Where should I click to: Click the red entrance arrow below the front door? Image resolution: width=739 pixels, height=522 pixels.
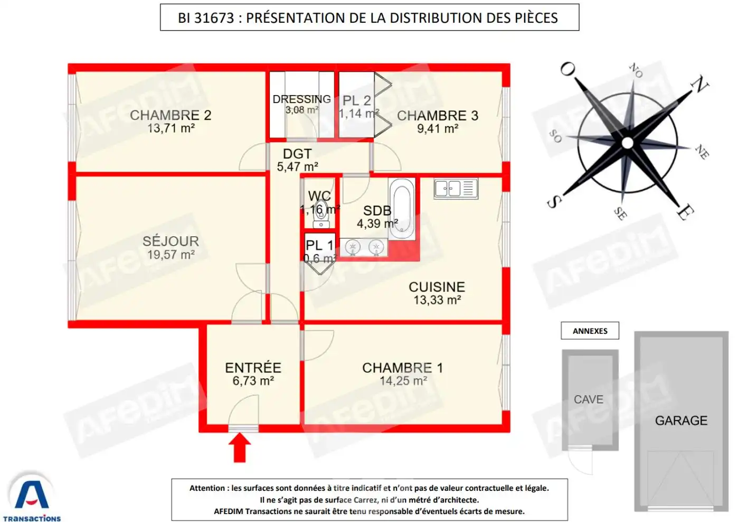point(240,447)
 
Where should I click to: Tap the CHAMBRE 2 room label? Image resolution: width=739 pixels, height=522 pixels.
point(170,115)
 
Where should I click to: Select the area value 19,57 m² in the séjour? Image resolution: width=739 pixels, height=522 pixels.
point(170,255)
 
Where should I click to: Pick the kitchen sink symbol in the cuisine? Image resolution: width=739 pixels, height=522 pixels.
point(456,189)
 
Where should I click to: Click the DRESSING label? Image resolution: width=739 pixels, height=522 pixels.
point(301,99)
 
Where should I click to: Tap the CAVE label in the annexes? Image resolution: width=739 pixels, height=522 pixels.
point(588,399)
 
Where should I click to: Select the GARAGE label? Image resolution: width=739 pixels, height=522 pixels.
point(681,421)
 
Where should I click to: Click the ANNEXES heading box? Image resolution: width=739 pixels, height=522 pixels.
point(590,331)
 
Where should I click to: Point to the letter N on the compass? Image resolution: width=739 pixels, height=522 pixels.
point(700,84)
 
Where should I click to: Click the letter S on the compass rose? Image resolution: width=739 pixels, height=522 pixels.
point(553,201)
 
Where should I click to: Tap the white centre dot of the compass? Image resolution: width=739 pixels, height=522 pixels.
point(627,143)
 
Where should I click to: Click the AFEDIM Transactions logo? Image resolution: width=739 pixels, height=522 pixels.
point(32,497)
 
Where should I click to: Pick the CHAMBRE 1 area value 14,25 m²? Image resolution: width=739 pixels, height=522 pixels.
point(403,381)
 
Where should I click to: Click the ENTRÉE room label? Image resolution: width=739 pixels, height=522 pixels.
point(253,368)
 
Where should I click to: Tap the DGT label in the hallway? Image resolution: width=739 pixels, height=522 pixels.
point(297,154)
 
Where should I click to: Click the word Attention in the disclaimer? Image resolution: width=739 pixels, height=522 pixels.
point(207,488)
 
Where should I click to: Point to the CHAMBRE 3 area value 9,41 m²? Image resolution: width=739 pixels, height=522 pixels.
point(437,128)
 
